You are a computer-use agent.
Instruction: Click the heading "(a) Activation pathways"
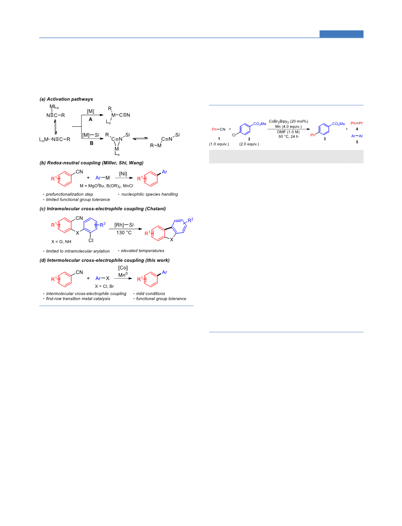click(66, 99)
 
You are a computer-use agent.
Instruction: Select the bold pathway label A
click(90, 120)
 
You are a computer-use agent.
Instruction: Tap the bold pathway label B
click(91, 143)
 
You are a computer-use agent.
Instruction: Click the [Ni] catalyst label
click(123, 174)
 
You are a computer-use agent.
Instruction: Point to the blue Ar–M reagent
click(102, 178)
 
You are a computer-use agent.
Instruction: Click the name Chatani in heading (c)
click(155, 209)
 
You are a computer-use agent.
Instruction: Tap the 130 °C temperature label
click(124, 232)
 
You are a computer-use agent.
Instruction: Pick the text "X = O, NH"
click(61, 242)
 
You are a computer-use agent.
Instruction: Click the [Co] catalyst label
click(123, 268)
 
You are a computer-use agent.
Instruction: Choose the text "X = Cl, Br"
click(104, 286)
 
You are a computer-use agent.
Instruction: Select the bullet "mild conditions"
click(151, 294)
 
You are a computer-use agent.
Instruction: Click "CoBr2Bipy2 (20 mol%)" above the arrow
click(289, 121)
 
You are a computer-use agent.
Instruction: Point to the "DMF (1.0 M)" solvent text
click(289, 132)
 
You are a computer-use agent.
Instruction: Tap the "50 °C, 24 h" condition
click(289, 136)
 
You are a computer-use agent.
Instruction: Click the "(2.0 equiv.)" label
click(249, 144)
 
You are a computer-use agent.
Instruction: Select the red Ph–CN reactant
click(219, 130)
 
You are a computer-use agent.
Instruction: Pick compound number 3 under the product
click(324, 139)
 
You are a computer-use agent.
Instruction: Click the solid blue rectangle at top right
click(341, 34)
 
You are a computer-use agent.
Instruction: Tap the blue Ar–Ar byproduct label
click(357, 136)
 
